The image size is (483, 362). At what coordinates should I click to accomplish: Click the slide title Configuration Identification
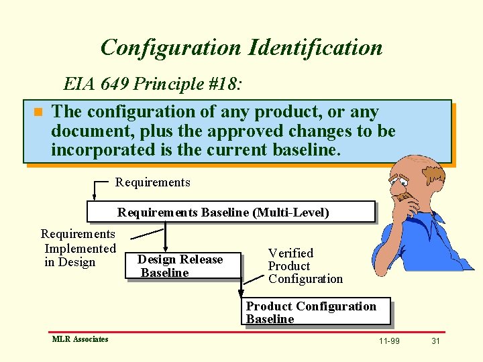coord(241,48)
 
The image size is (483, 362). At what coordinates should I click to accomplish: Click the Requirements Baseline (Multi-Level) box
coord(231,212)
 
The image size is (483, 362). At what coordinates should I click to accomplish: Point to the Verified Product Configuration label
coord(305,265)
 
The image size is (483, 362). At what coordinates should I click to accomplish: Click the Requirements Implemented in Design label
coord(78,248)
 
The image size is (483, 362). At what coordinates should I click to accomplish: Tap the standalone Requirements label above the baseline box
coord(153,182)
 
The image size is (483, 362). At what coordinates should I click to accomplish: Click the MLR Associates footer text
coord(80,339)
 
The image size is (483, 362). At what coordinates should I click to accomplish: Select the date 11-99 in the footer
coord(389,341)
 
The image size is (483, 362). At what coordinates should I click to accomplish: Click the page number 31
coord(435,341)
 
